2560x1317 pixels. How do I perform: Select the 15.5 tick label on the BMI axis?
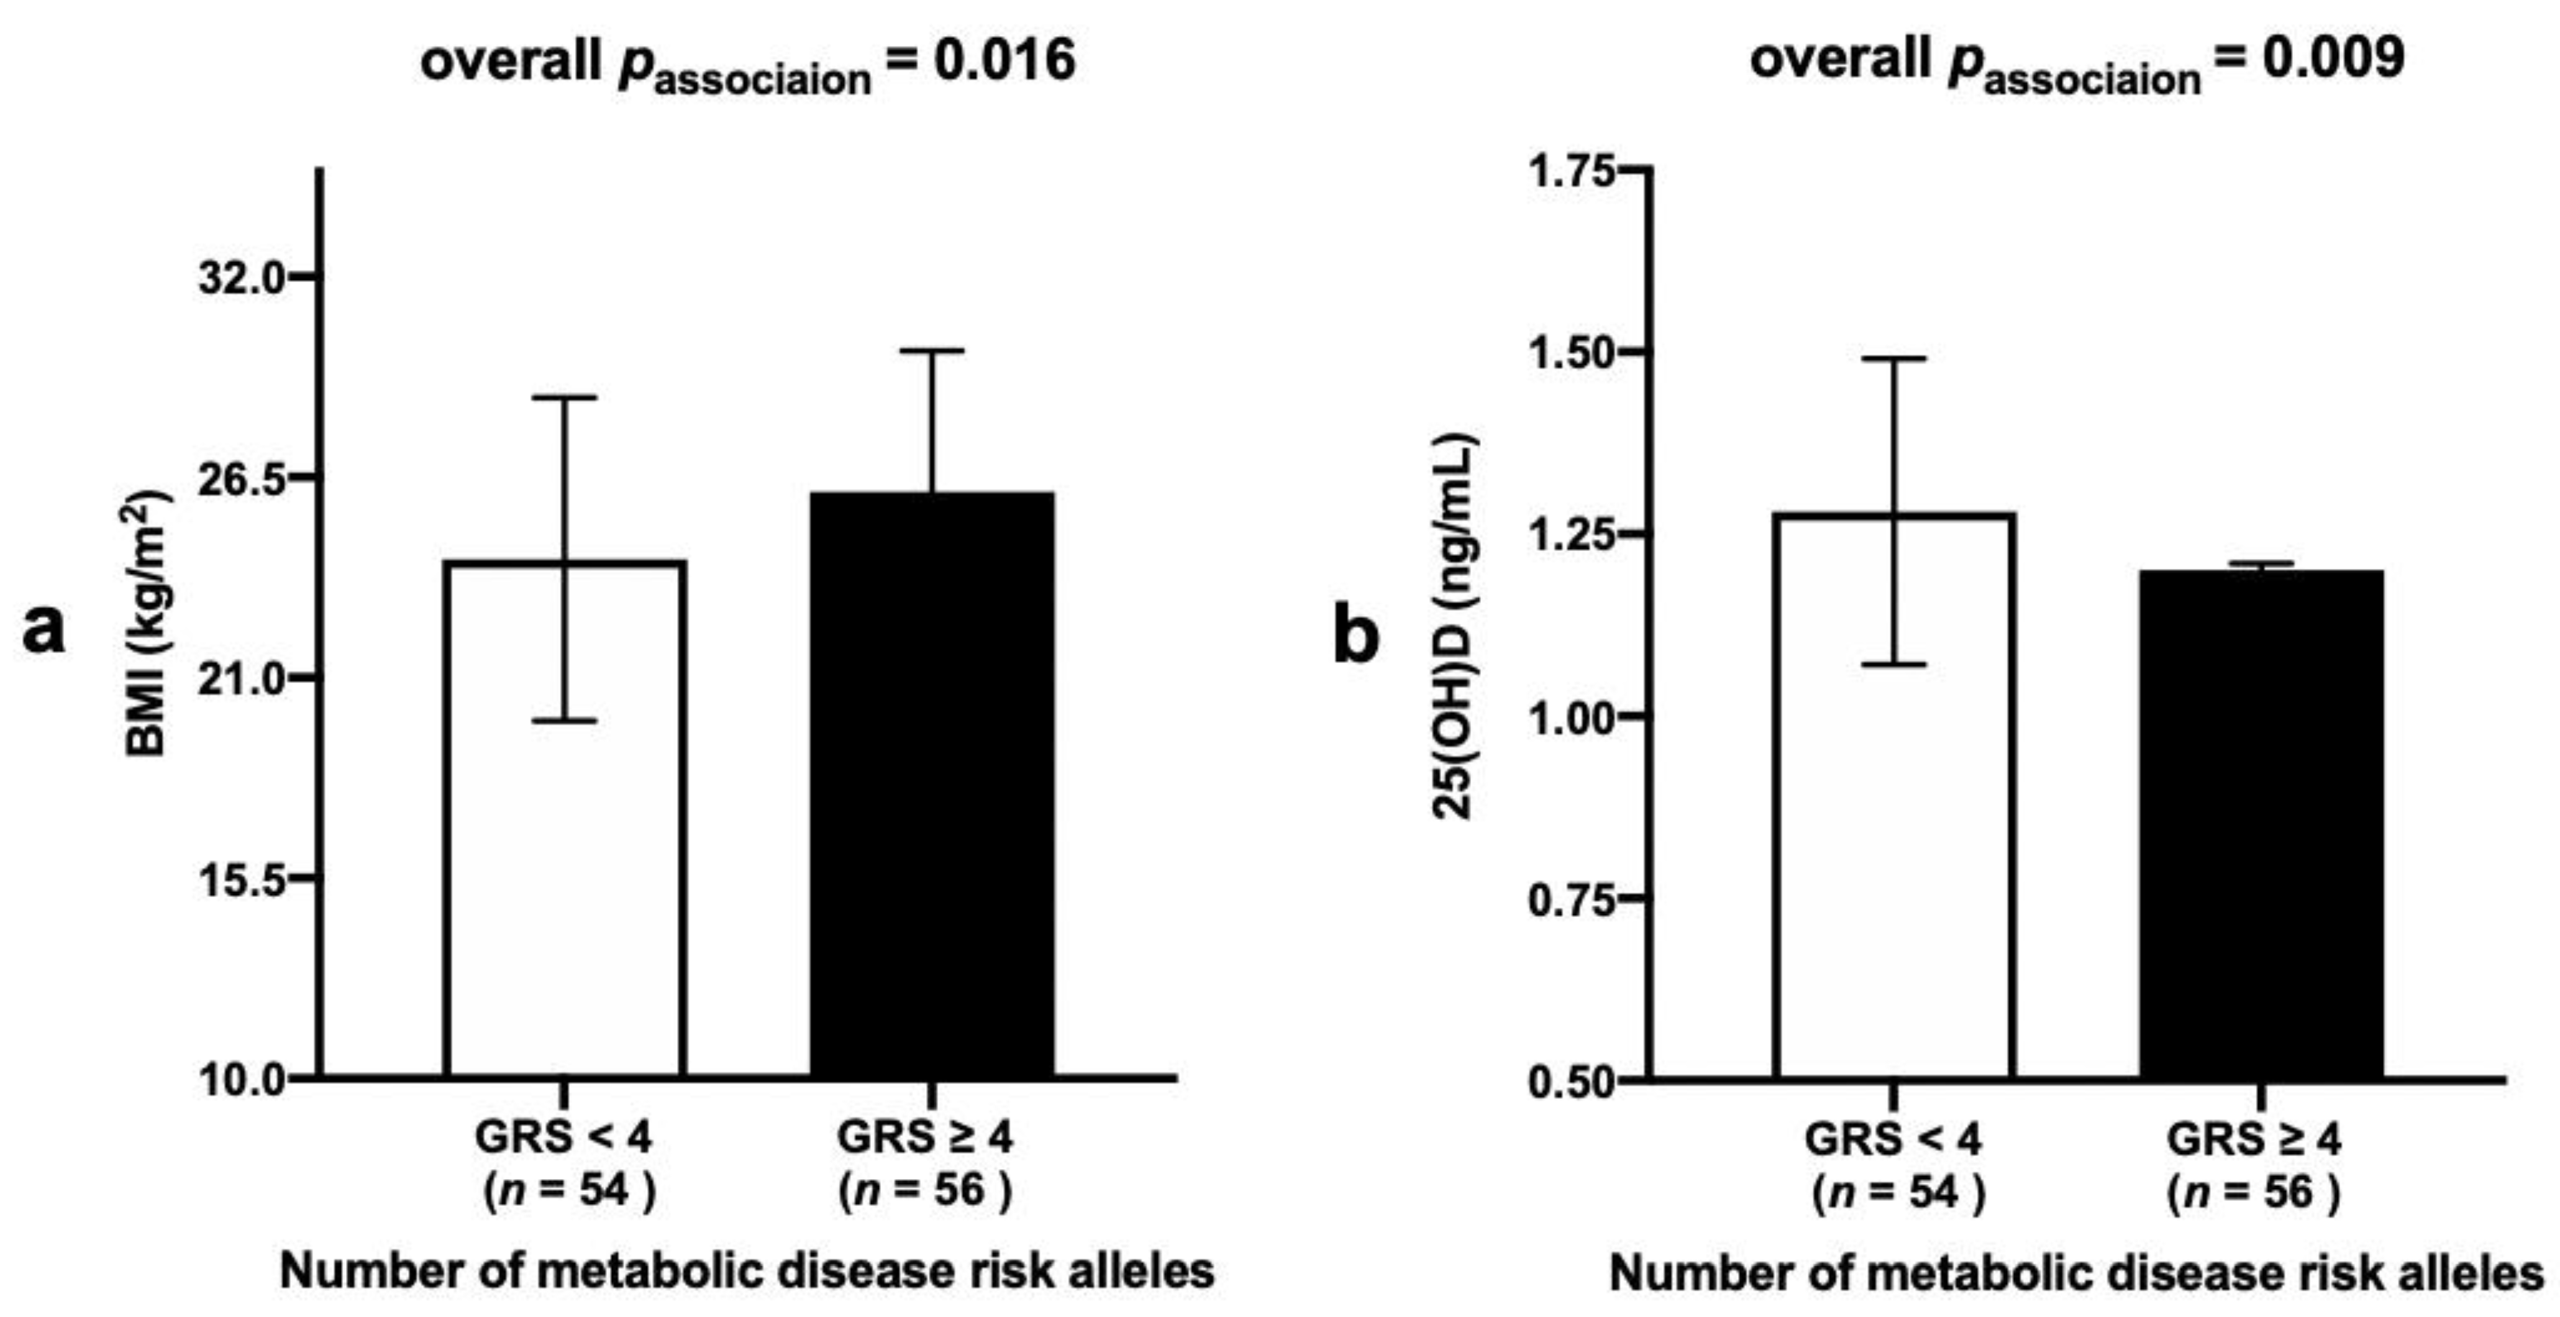242,878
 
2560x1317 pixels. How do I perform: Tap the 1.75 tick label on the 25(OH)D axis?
1572,171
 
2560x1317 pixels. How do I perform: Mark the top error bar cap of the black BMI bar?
932,351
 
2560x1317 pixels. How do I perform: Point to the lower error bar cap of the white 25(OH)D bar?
1894,664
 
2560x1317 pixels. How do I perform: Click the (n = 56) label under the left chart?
924,1190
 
